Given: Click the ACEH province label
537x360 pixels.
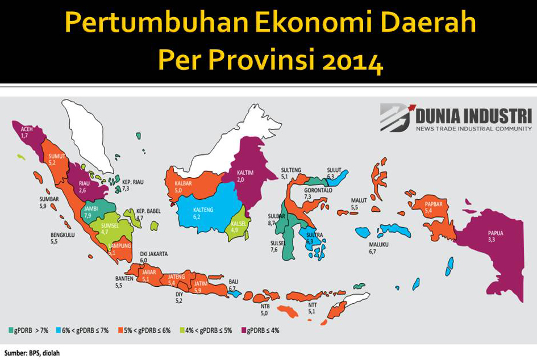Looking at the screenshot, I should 24,129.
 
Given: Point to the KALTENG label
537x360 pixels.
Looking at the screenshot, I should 203,210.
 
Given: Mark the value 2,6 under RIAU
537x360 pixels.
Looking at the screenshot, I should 82,190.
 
